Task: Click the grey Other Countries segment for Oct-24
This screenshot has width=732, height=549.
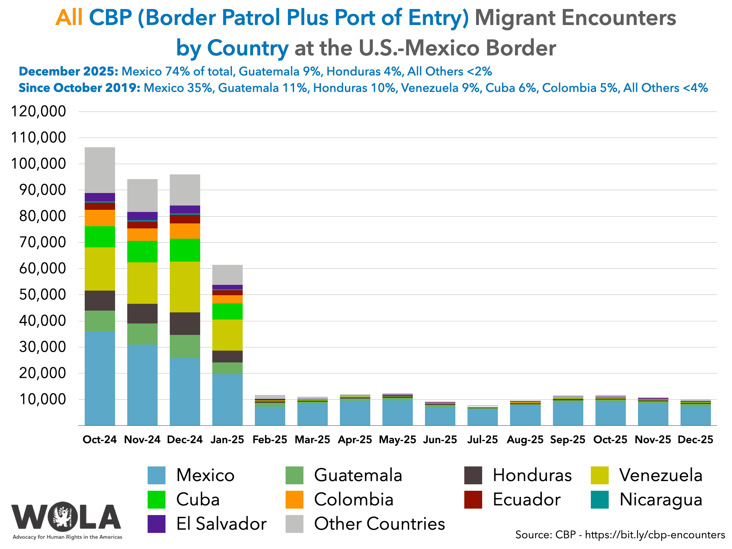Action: (100, 170)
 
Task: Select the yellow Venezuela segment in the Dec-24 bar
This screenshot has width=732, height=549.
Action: (185, 287)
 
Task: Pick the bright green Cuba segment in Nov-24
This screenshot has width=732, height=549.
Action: (142, 251)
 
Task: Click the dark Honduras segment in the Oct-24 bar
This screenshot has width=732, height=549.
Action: (100, 300)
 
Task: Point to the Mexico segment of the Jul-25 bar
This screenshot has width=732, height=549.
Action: (483, 417)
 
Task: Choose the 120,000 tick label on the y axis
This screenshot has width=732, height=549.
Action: (39, 112)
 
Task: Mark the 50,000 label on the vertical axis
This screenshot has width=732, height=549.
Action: (39, 295)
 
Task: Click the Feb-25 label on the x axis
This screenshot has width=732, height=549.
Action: (270, 440)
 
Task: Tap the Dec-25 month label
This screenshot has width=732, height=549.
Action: (696, 440)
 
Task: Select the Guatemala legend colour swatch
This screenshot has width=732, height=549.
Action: (295, 475)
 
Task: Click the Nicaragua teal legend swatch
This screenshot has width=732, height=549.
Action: (600, 500)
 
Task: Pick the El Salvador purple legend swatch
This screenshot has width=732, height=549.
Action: (157, 524)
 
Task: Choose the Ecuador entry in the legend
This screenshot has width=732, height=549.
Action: (526, 500)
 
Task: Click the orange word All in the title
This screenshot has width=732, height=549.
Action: (69, 18)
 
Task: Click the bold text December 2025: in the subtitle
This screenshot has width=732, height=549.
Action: (68, 71)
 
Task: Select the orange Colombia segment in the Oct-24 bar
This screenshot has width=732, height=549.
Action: (100, 218)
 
